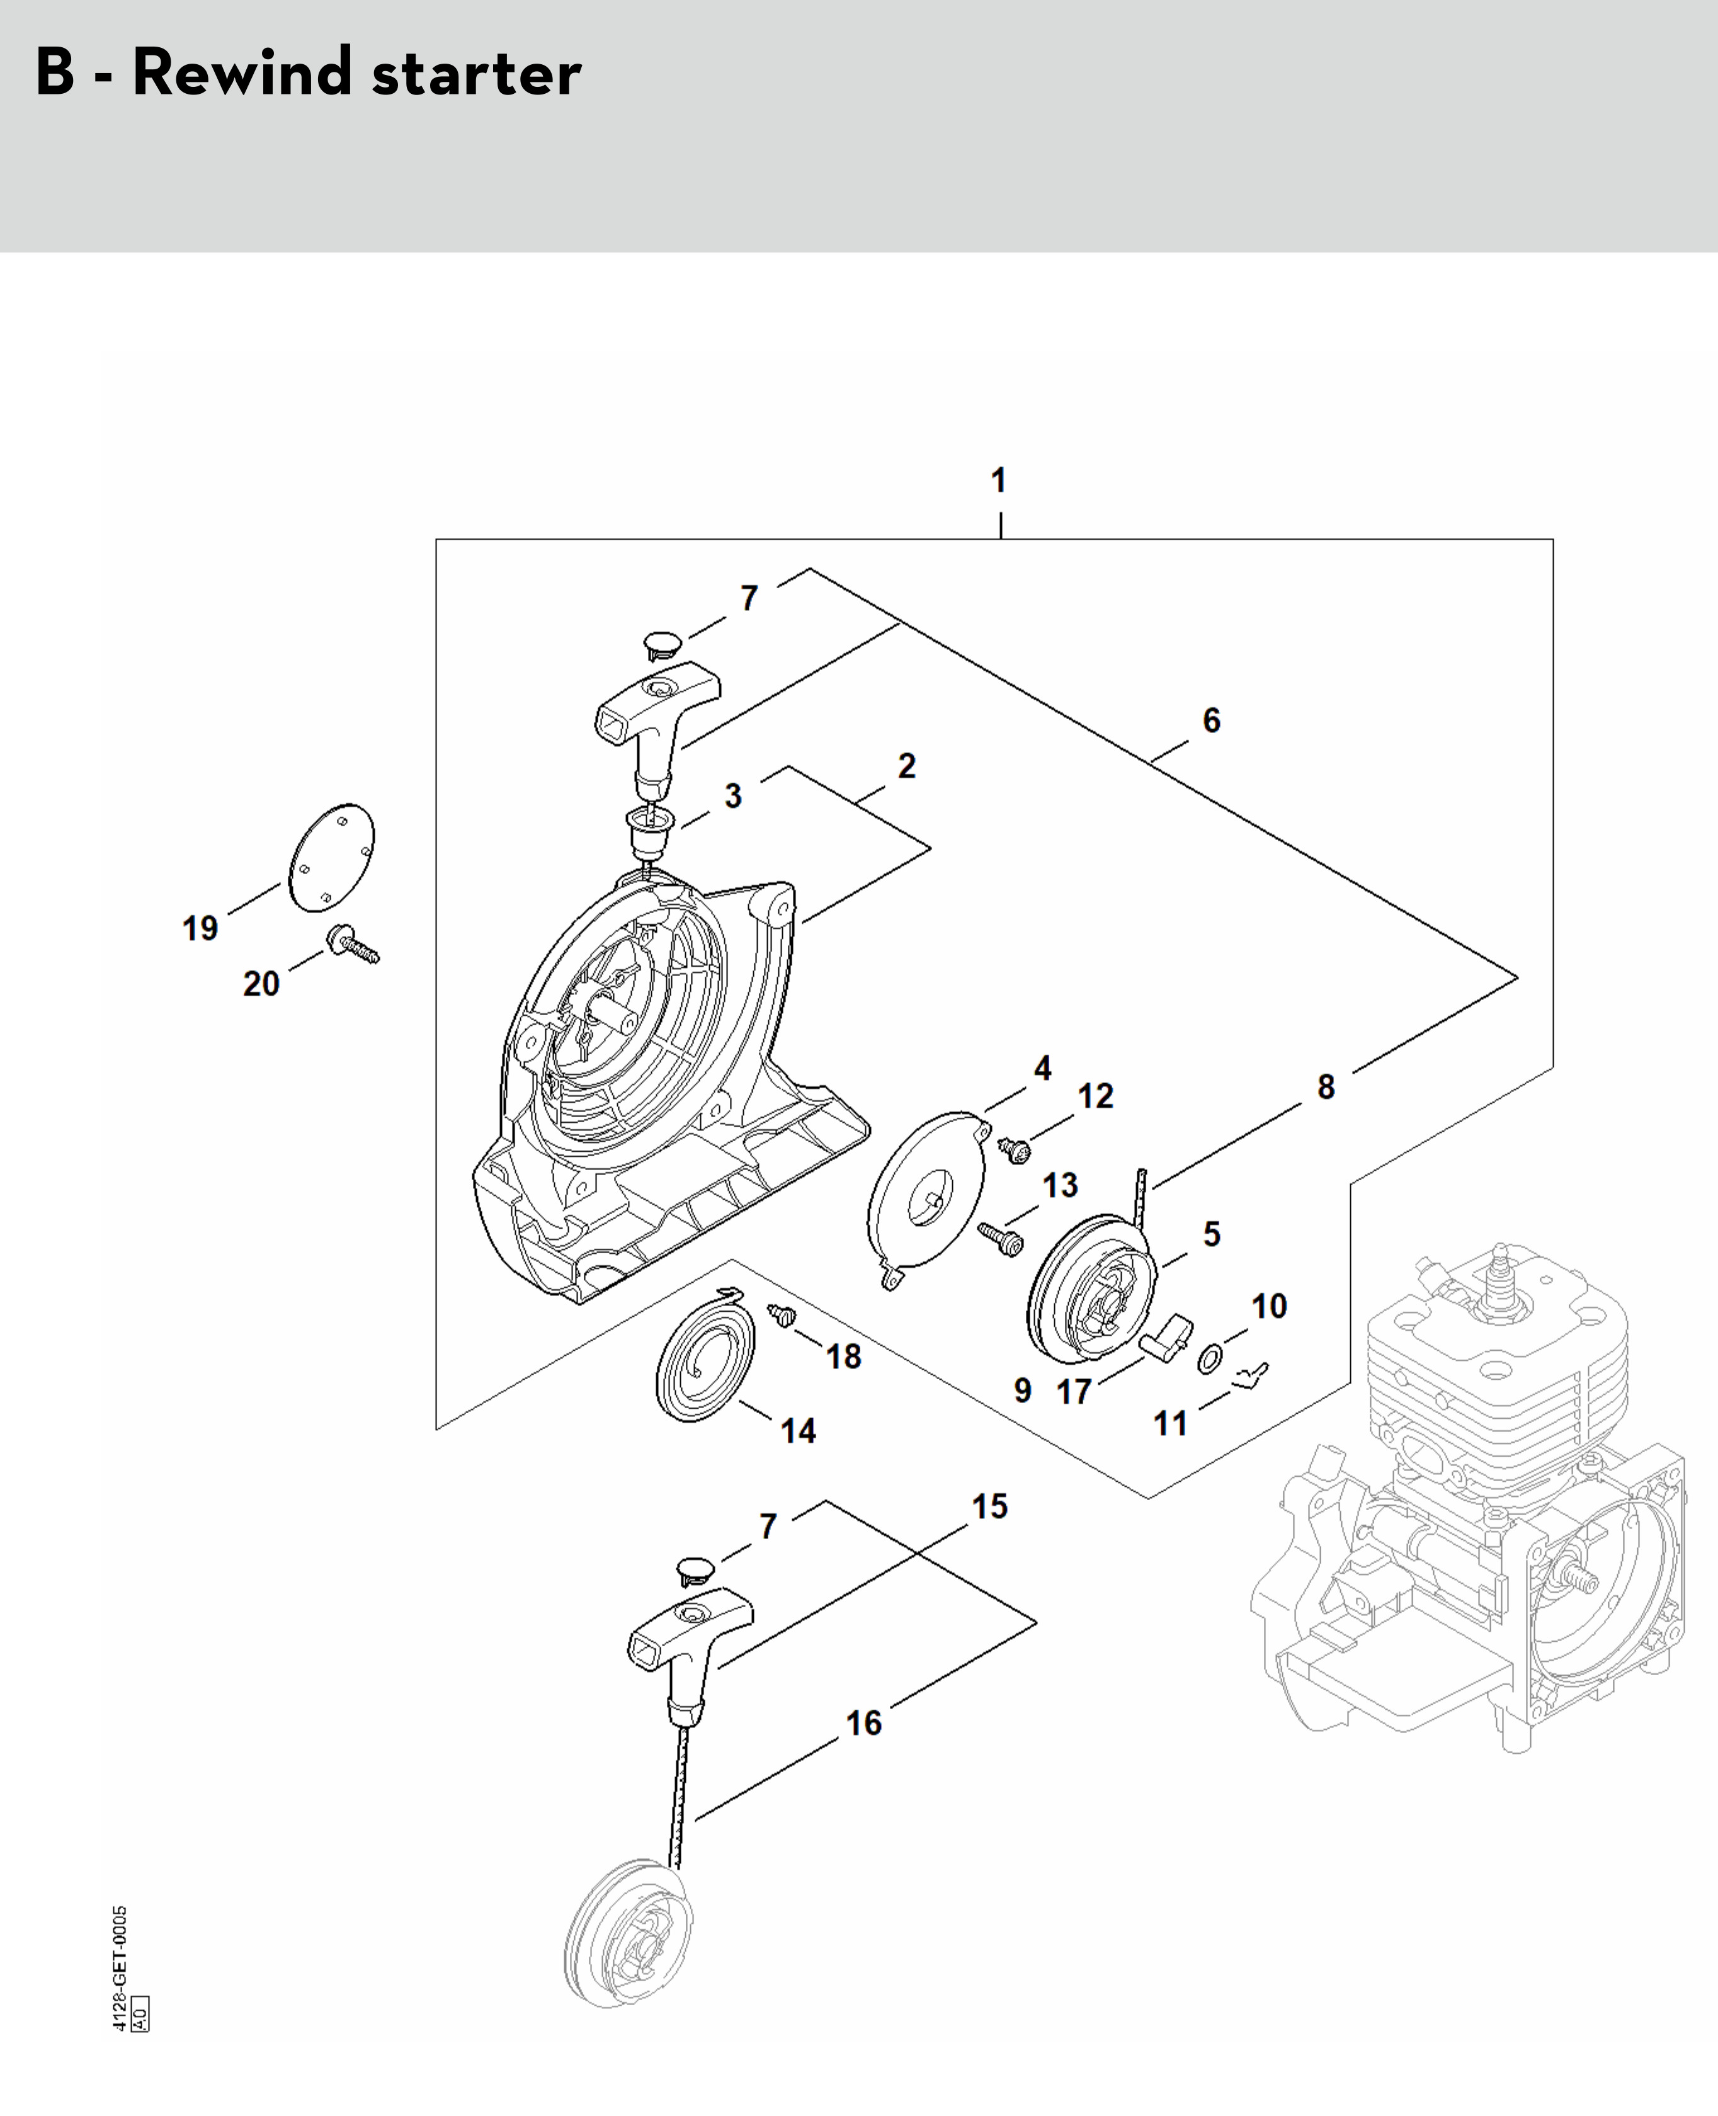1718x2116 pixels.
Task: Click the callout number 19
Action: [200, 928]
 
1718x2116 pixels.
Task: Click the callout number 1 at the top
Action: [999, 481]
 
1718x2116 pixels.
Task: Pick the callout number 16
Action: [863, 1723]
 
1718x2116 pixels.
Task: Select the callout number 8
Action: [1326, 1087]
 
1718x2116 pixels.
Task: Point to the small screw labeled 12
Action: [1015, 1150]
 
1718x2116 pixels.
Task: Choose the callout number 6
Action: [1211, 720]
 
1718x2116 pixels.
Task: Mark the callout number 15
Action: [989, 1507]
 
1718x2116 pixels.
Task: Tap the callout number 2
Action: [906, 766]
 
